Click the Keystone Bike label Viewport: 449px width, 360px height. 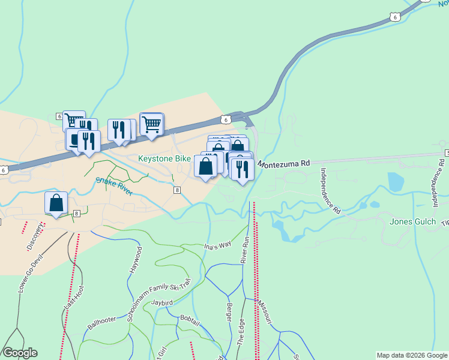[x=164, y=159]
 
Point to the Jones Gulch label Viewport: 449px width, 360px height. [x=412, y=221]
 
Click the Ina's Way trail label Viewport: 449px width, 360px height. [x=217, y=245]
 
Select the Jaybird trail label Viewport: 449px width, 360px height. [x=162, y=303]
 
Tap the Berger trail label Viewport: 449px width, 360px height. [x=229, y=313]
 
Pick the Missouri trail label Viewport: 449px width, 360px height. [x=265, y=314]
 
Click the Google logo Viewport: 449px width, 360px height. [x=20, y=352]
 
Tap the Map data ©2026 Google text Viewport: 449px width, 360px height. [x=411, y=355]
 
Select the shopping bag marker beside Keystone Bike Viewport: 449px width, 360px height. [x=206, y=167]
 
